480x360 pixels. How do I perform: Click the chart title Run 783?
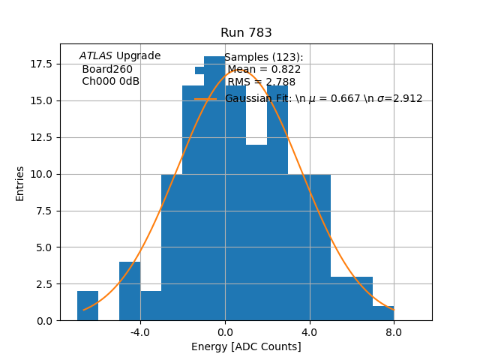click(x=246, y=33)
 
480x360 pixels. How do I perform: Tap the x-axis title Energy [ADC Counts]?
click(x=246, y=346)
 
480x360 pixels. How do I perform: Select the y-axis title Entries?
click(x=20, y=183)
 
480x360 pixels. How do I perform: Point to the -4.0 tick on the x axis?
click(x=140, y=332)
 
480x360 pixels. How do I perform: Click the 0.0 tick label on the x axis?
click(x=225, y=332)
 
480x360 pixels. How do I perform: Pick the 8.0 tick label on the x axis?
click(x=394, y=332)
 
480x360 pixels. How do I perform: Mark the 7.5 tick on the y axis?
click(x=43, y=211)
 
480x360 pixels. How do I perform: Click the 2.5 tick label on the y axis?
click(x=43, y=284)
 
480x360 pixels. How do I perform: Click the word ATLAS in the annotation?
click(x=96, y=56)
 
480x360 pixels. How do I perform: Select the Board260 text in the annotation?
click(x=107, y=69)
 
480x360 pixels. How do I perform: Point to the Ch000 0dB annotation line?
click(x=110, y=82)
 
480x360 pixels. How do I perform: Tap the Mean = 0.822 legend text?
click(x=264, y=70)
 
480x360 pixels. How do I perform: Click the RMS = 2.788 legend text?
click(x=261, y=82)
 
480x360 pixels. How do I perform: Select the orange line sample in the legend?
click(x=205, y=99)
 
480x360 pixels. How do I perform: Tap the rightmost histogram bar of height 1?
click(x=383, y=313)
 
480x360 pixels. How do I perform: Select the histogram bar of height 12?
click(x=256, y=232)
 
